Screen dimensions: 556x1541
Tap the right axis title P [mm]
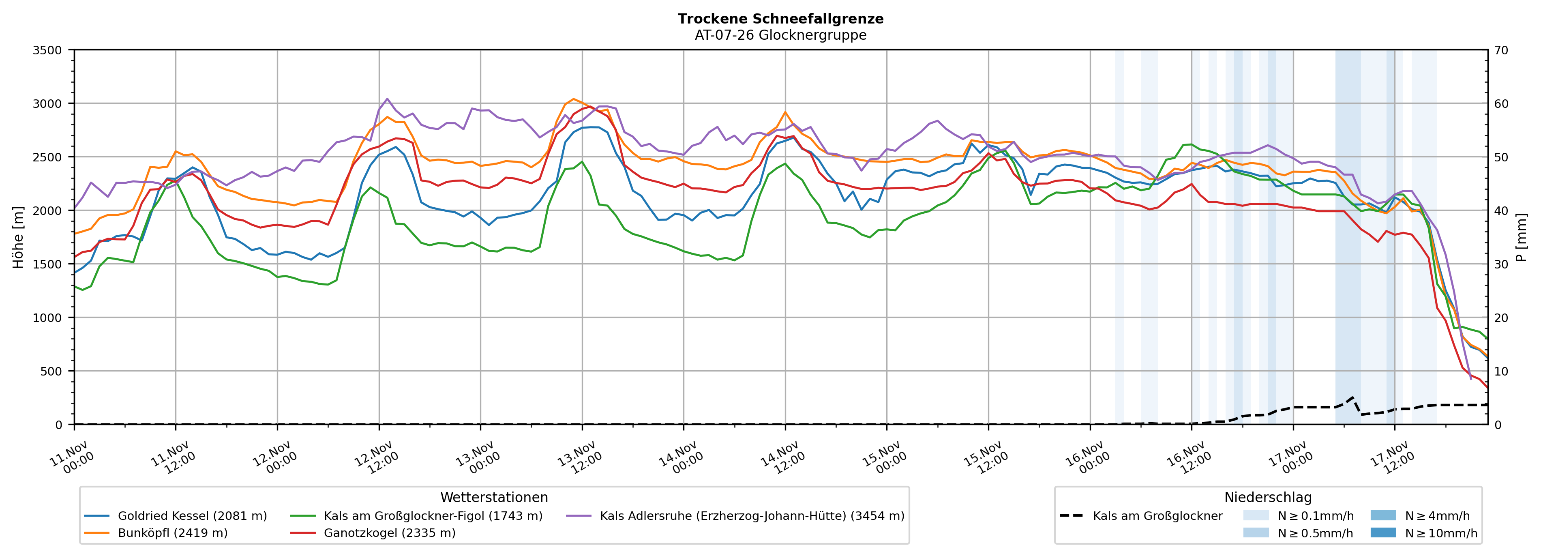1521,237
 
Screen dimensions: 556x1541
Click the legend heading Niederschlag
1268,497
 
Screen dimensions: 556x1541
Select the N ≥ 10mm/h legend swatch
1382,532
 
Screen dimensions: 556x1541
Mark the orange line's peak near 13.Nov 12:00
573,99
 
